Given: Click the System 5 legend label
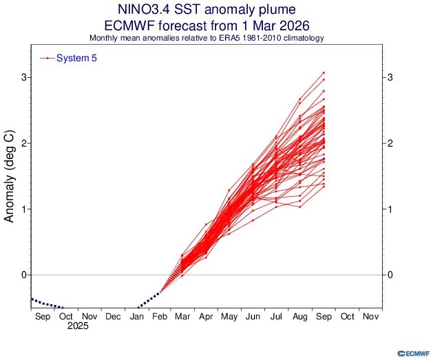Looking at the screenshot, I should [x=76, y=59].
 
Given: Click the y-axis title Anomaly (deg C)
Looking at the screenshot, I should [x=10, y=177].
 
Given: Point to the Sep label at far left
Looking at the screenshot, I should [x=41, y=317].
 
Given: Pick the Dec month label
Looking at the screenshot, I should [x=112, y=317].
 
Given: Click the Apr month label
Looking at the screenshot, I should [x=206, y=317].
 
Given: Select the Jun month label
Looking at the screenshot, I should [x=253, y=317].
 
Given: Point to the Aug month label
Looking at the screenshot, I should [x=299, y=317].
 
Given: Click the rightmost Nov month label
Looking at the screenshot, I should [x=370, y=317].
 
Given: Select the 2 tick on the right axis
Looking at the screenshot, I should [x=390, y=143].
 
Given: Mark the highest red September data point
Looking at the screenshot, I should [x=323, y=72].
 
